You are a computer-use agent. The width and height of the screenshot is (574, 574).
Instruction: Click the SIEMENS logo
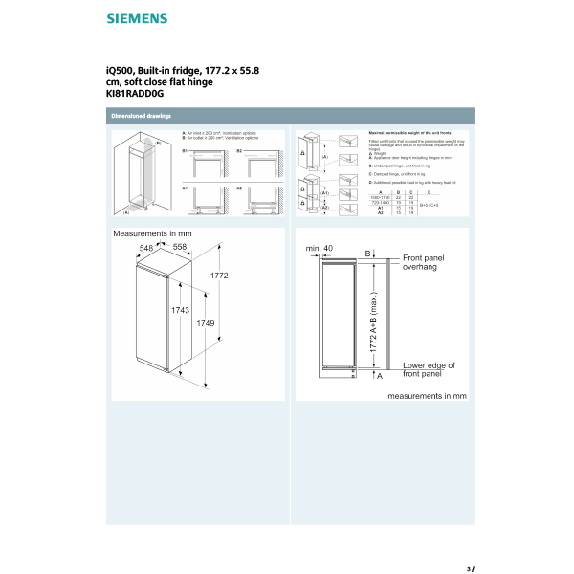click(x=137, y=18)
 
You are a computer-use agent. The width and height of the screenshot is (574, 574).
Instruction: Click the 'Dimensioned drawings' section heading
click(x=141, y=115)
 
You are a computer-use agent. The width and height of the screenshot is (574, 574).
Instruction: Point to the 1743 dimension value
click(x=179, y=311)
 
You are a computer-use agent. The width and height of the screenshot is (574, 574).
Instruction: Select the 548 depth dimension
click(x=146, y=248)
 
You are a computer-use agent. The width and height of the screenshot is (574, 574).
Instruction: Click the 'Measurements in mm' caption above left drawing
click(x=153, y=233)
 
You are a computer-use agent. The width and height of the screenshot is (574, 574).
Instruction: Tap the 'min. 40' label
click(x=320, y=249)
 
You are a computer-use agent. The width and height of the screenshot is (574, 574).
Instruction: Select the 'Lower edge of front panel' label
click(x=429, y=369)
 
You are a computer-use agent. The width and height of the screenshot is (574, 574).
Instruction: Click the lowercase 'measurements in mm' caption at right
click(x=427, y=395)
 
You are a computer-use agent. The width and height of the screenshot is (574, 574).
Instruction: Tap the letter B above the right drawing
click(x=368, y=252)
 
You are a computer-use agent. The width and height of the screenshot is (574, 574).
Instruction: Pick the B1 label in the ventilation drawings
click(x=184, y=151)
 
